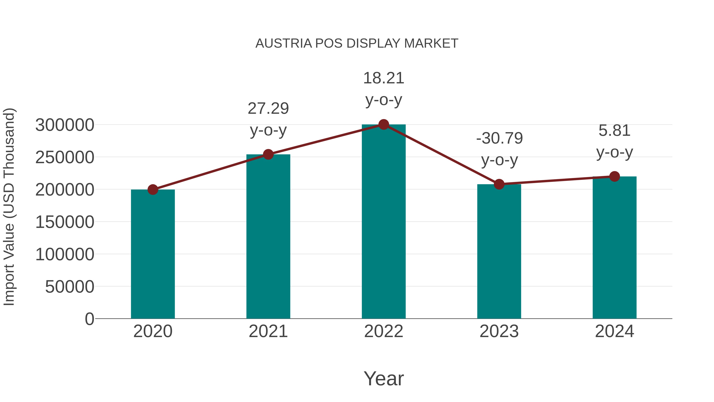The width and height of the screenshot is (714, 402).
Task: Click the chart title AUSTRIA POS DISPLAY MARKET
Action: click(x=357, y=43)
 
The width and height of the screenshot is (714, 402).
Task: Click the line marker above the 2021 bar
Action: click(x=268, y=154)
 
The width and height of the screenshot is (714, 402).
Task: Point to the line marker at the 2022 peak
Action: click(x=384, y=124)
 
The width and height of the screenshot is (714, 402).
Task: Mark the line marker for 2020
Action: click(x=153, y=190)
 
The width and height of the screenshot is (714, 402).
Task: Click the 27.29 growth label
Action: click(x=268, y=108)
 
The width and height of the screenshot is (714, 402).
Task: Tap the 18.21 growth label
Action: click(x=384, y=78)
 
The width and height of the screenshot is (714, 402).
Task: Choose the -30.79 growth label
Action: click(x=499, y=138)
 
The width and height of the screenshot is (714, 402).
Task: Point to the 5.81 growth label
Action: click(x=614, y=131)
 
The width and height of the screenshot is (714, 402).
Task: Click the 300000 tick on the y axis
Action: click(x=65, y=125)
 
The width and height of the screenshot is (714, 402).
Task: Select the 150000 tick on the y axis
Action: click(x=65, y=222)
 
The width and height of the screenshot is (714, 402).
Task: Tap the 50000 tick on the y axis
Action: click(x=70, y=287)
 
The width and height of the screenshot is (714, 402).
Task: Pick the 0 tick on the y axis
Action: click(x=89, y=319)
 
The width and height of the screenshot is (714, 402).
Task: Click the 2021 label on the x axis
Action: click(x=268, y=332)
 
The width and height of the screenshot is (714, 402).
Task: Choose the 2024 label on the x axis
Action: click(x=614, y=332)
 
